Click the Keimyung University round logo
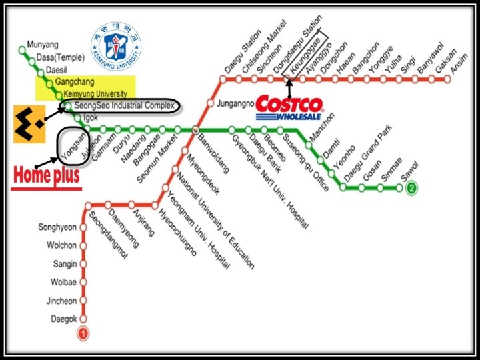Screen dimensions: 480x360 point(117,47)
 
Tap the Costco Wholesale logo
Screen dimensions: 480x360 point(290,107)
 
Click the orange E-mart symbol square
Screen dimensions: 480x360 point(29,123)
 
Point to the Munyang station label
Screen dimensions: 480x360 point(43,46)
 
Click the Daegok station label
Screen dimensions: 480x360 point(64,319)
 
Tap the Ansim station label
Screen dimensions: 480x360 point(459,63)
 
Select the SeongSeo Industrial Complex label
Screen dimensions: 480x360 point(123,105)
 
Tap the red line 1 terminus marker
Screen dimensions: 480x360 point(83,333)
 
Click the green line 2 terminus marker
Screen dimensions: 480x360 point(412,188)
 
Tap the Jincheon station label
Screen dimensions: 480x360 point(62,301)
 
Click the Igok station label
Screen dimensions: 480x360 point(90,118)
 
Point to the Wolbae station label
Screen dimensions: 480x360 point(63,282)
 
